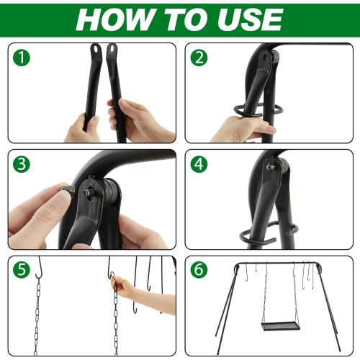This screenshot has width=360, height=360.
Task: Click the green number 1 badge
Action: (24, 58)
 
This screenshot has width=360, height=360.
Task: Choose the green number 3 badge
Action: (24, 165)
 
